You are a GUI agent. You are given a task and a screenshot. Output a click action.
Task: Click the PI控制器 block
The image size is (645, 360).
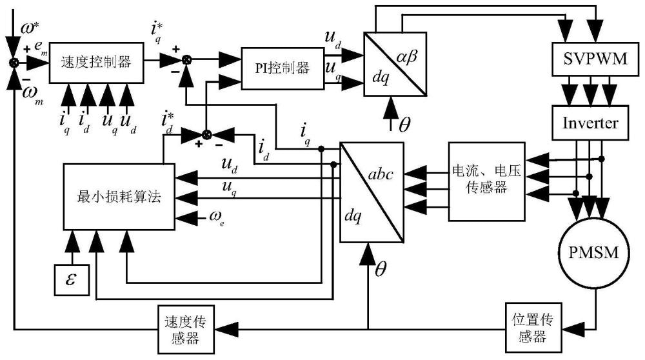tap(281, 68)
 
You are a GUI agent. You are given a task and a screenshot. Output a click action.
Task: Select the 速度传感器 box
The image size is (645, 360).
tap(187, 328)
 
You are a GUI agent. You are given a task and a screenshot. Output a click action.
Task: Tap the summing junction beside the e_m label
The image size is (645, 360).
tap(12, 63)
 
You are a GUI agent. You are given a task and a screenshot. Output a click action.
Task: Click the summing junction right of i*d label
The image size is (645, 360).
tap(206, 134)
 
